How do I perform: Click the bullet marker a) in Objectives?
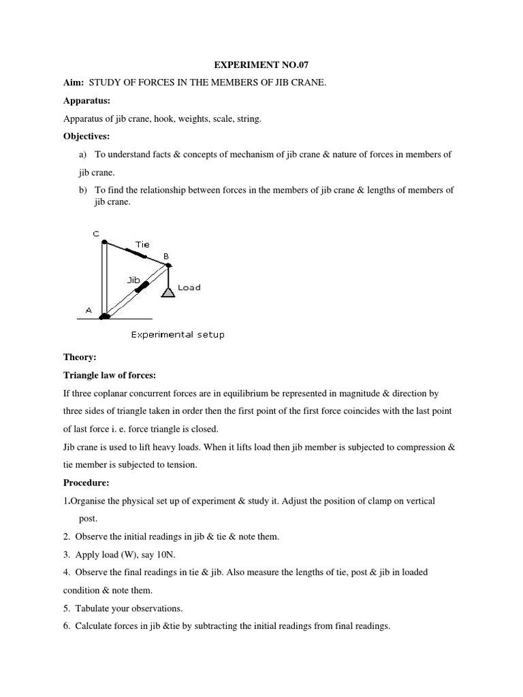click(x=84, y=155)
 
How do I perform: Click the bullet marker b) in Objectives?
click(x=84, y=190)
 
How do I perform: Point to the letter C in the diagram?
click(x=96, y=233)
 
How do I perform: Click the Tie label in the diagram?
click(x=142, y=244)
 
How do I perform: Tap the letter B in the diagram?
click(x=165, y=256)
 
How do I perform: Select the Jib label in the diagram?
click(x=133, y=278)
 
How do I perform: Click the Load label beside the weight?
click(x=189, y=288)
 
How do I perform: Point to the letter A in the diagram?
click(x=88, y=310)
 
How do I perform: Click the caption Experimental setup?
click(x=177, y=334)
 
